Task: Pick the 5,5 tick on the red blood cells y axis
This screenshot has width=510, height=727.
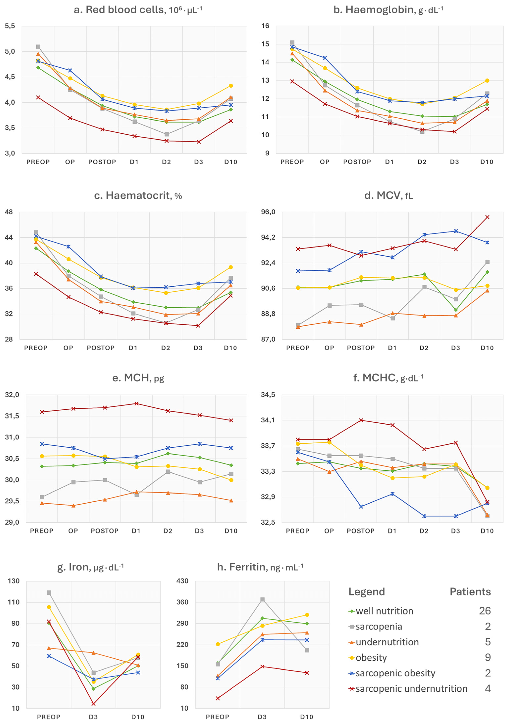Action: click(10, 26)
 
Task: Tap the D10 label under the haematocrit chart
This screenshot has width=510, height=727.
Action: click(230, 348)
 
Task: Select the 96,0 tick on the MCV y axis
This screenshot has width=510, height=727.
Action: click(268, 212)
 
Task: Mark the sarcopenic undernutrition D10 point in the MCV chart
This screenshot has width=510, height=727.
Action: click(487, 217)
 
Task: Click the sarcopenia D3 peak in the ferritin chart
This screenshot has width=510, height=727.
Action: click(262, 599)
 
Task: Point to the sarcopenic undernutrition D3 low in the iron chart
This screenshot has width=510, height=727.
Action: click(93, 703)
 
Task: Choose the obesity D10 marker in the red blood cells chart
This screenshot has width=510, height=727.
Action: click(231, 86)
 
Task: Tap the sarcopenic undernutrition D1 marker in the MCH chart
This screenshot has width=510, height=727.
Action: click(137, 403)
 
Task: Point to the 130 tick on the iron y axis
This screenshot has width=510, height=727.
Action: click(14, 581)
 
